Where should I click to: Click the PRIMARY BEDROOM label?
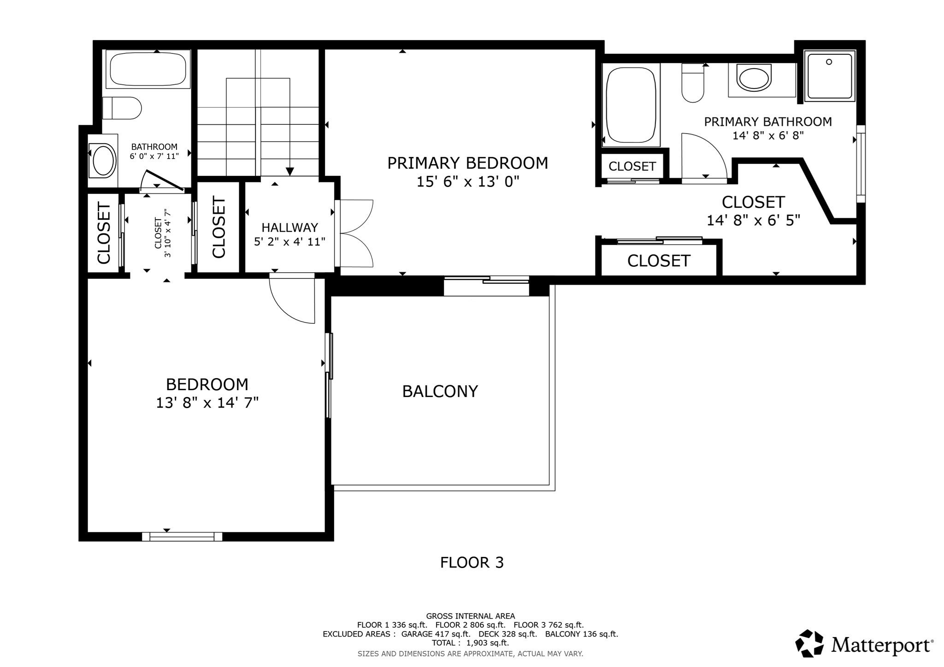(x=467, y=163)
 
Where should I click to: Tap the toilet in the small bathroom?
(x=122, y=108)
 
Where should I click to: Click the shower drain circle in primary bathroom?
(x=829, y=62)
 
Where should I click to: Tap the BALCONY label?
(x=440, y=392)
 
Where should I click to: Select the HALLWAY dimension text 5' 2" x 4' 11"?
(x=289, y=242)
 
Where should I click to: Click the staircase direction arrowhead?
(x=290, y=171)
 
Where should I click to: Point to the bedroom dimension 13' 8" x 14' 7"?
(x=207, y=403)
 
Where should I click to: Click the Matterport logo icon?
(x=809, y=643)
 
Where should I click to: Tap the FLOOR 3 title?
(x=472, y=562)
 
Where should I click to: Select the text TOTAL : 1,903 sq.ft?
(x=470, y=643)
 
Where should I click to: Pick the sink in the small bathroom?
(x=104, y=161)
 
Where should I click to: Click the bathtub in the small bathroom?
(x=147, y=69)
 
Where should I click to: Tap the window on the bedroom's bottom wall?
(x=182, y=536)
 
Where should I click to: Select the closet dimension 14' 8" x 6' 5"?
(x=753, y=221)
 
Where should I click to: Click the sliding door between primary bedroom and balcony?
(x=486, y=286)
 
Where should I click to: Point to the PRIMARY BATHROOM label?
(x=768, y=122)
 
